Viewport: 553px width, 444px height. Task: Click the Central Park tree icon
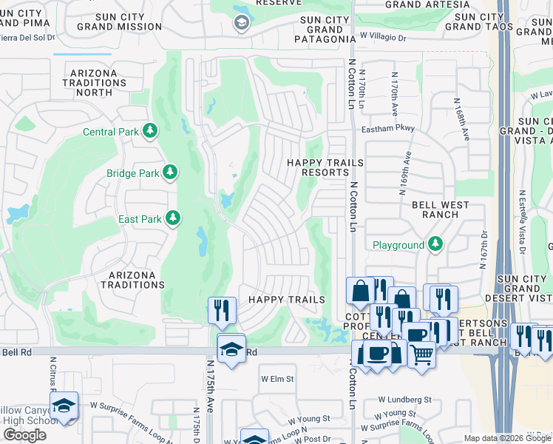click(151, 131)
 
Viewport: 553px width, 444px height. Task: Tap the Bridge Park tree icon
click(172, 172)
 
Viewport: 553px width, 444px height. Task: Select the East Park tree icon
click(172, 218)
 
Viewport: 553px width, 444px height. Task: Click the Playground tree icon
click(435, 243)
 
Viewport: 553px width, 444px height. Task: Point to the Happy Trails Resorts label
click(325, 167)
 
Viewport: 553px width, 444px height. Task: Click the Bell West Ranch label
click(430, 209)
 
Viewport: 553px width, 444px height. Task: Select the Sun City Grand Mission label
click(119, 21)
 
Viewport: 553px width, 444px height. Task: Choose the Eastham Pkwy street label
click(388, 129)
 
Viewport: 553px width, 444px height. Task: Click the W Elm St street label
click(277, 379)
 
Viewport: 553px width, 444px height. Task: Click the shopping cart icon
click(421, 354)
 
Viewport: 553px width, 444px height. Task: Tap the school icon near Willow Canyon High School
click(64, 405)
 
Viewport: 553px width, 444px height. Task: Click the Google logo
click(24, 435)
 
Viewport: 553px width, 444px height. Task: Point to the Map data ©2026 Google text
click(506, 438)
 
